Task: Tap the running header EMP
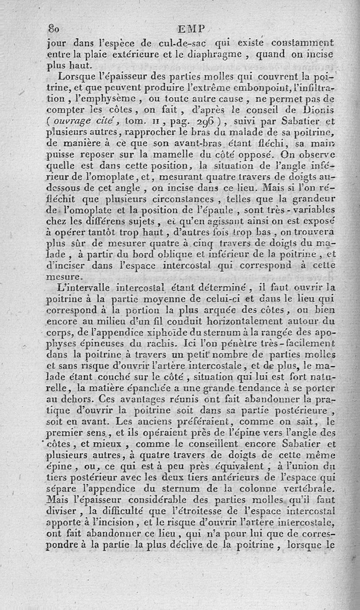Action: pos(191,29)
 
